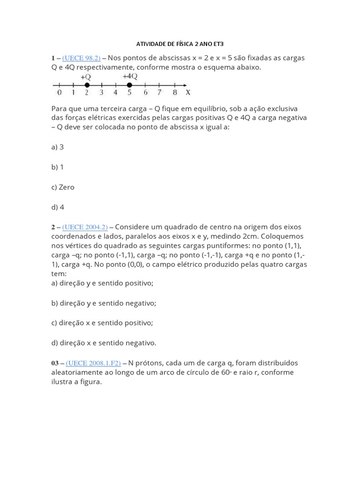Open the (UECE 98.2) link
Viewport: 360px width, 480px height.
(81, 58)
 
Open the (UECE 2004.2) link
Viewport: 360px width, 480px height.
(85, 227)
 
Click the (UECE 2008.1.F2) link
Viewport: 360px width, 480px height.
(93, 363)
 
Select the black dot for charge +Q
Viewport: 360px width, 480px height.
(87, 85)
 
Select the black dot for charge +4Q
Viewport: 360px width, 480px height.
(129, 85)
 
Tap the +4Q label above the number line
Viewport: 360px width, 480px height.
(130, 76)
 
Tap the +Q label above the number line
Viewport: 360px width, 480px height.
(86, 76)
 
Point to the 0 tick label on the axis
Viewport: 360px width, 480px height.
(59, 93)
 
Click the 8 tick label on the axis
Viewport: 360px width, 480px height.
(174, 93)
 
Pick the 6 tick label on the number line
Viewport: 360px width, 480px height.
(145, 93)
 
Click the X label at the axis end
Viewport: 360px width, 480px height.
(188, 93)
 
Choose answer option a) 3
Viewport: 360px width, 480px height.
(57, 147)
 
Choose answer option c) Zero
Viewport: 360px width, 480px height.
(63, 187)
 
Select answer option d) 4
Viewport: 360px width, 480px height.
(58, 207)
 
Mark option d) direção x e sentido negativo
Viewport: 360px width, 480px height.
(104, 343)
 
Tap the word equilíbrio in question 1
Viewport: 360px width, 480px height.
(201, 108)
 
